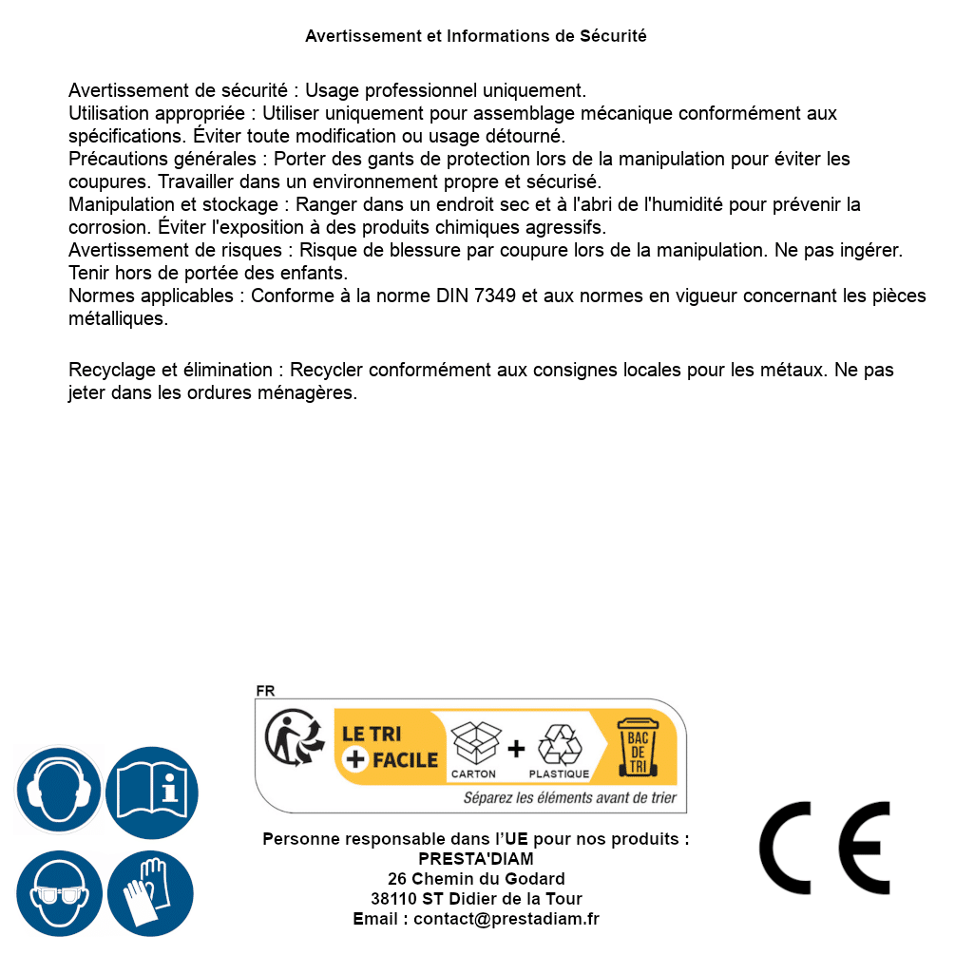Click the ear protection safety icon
pos(58,791)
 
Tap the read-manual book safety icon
pos(152,791)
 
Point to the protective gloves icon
pos(152,894)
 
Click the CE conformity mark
pos(825,848)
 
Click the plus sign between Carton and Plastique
pos(516,749)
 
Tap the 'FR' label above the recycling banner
pos(265,691)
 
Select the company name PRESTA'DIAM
pos(476,859)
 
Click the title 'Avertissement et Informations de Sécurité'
pos(476,36)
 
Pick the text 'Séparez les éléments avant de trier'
pos(570,798)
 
